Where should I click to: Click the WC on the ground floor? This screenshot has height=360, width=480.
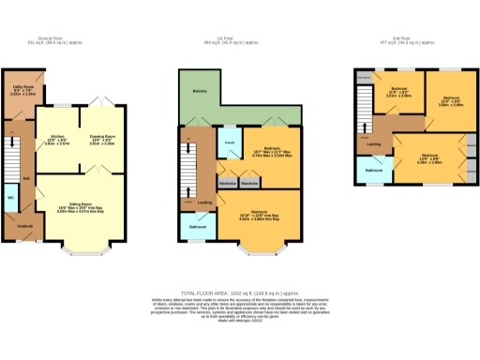click(x=10, y=199)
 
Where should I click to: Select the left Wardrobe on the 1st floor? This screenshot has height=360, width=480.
click(x=227, y=182)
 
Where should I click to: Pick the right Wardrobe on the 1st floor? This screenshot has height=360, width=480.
click(x=249, y=182)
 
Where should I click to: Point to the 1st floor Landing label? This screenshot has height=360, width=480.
click(x=204, y=202)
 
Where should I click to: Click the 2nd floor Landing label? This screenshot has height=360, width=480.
click(x=373, y=144)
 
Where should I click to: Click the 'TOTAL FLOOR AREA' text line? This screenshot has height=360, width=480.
click(x=240, y=292)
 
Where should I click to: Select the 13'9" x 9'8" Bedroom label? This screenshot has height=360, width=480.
click(x=430, y=157)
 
